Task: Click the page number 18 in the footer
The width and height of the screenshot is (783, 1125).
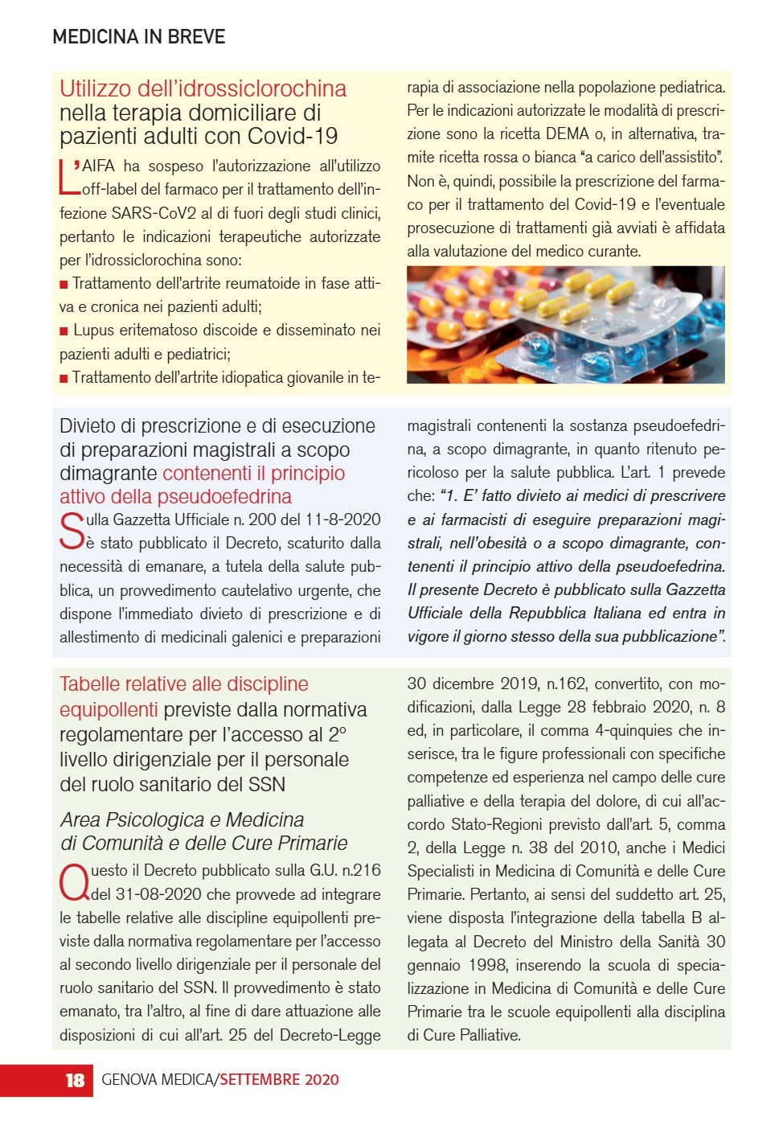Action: click(x=75, y=1080)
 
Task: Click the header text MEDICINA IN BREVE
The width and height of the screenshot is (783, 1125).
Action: click(x=138, y=36)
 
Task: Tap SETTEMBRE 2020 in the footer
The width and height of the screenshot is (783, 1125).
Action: click(x=279, y=1080)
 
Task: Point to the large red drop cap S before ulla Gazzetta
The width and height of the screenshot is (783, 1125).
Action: click(x=72, y=531)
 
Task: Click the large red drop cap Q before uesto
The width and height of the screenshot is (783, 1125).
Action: click(x=74, y=883)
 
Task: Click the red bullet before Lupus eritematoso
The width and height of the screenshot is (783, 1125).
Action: click(x=64, y=331)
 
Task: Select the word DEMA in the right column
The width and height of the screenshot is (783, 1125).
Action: click(x=567, y=133)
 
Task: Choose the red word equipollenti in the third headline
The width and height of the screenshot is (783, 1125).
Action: click(x=109, y=709)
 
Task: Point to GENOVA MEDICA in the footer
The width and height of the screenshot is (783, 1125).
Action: click(x=157, y=1080)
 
